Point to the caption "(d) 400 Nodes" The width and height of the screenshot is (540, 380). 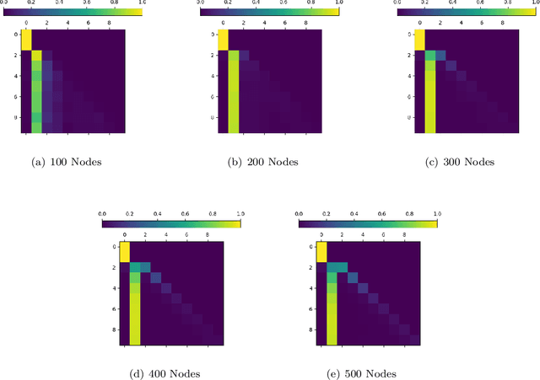coord(170,373)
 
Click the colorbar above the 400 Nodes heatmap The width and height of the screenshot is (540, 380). coord(170,225)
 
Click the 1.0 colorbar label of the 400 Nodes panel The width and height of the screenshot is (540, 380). coord(240,215)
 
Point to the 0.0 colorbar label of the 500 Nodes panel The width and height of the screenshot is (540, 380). coord(300,215)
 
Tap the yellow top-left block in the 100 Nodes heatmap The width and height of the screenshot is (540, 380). coord(26,40)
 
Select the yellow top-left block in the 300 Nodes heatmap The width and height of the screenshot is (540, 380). coord(421,40)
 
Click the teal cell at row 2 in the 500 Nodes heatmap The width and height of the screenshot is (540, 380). coord(336,268)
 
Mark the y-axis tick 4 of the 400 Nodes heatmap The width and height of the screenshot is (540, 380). coord(116,288)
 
